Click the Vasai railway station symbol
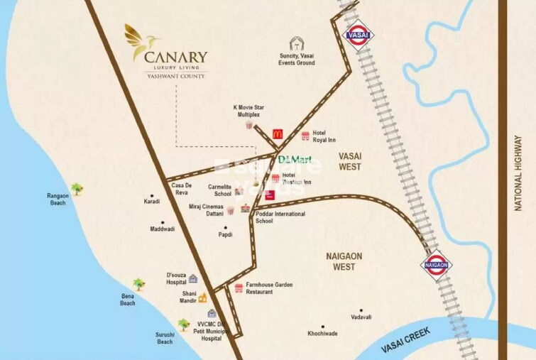coord(356,33)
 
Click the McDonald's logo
coord(278,133)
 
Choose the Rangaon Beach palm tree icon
coord(76,188)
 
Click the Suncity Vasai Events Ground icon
coord(297,44)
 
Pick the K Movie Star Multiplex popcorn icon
coord(249,125)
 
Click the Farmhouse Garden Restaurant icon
coord(239,288)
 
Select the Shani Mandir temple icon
coord(202,298)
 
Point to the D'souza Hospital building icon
coord(193,278)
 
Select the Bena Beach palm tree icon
coord(138,285)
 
